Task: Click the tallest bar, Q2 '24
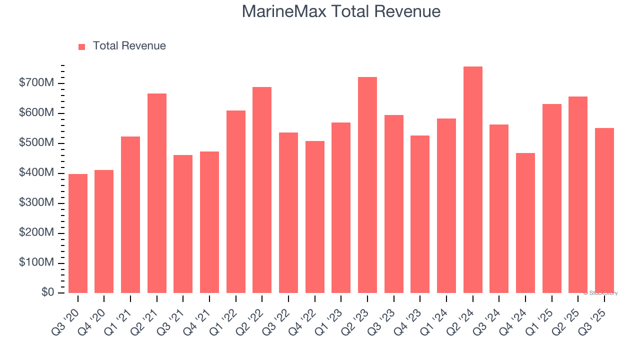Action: [x=472, y=180]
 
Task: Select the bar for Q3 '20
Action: [x=78, y=233]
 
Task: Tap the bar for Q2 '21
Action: [x=157, y=193]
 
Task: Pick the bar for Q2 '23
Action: [x=367, y=185]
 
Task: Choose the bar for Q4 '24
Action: [x=525, y=223]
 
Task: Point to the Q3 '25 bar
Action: [x=604, y=210]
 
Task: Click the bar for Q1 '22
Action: [x=236, y=202]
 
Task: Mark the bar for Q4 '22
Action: [x=315, y=217]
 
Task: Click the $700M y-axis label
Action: [x=36, y=83]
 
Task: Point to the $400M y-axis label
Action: [x=36, y=173]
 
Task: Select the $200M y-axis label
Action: [x=36, y=233]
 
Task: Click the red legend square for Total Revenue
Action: [x=82, y=46]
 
